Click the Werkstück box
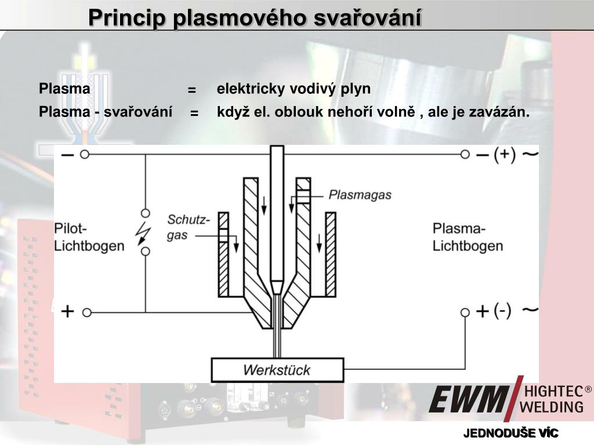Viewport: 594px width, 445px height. [x=277, y=370]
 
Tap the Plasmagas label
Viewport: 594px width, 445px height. [x=360, y=195]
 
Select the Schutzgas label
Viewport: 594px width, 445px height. [x=187, y=227]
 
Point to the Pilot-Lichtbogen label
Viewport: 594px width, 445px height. [x=89, y=236]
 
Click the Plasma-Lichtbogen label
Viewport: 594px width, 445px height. [x=468, y=236]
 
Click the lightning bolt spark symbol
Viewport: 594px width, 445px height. [x=143, y=232]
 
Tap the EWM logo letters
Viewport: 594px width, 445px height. [x=468, y=399]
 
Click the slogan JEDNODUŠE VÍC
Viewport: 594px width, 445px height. [x=510, y=433]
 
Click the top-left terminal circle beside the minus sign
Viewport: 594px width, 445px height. [x=85, y=155]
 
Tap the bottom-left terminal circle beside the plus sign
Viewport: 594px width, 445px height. [x=86, y=312]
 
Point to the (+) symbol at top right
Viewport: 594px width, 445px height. [x=504, y=155]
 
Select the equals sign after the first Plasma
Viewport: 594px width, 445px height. [x=191, y=90]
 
